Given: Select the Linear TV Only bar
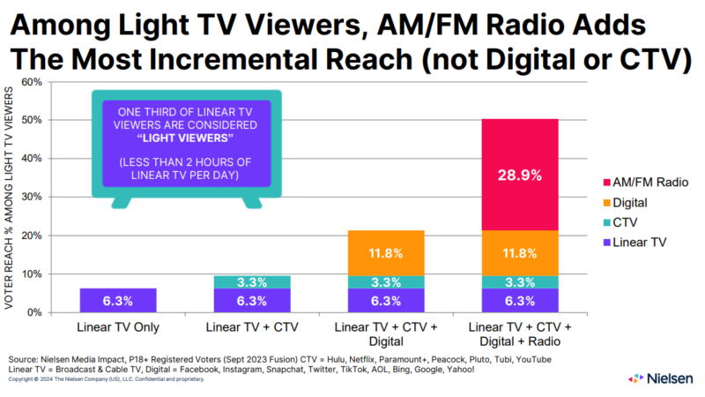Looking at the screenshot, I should click(x=117, y=301).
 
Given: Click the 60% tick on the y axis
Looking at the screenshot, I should click(x=33, y=82).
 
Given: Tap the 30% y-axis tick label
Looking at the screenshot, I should click(x=33, y=197).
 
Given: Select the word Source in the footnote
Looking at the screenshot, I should click(x=25, y=359).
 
